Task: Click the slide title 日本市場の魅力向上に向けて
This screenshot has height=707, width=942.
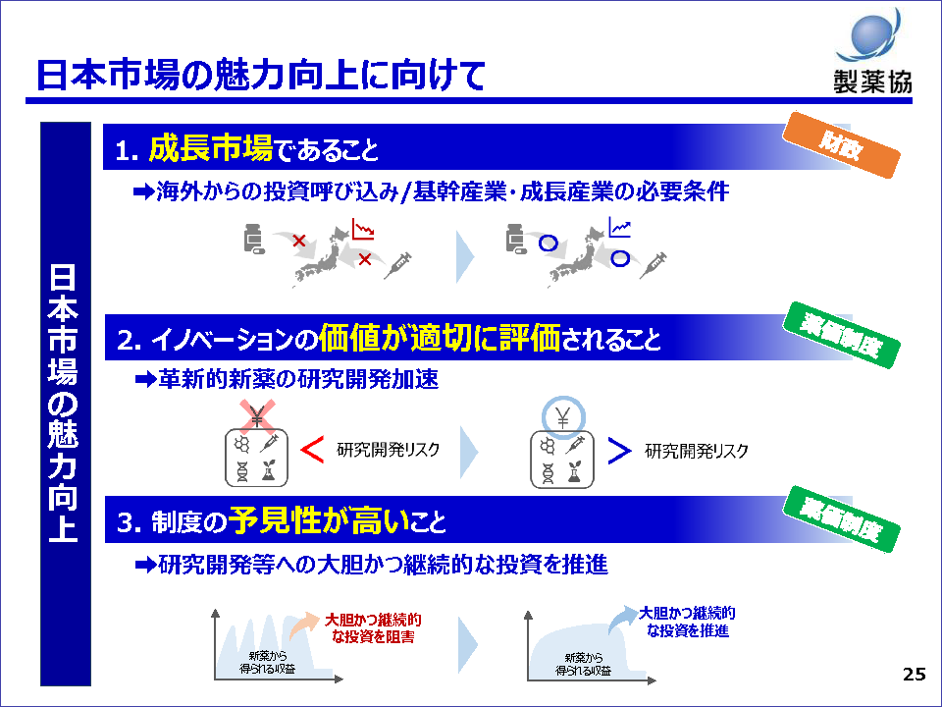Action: (x=260, y=76)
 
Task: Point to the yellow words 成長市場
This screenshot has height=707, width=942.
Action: (x=210, y=149)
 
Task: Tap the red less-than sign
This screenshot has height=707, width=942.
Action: (x=312, y=450)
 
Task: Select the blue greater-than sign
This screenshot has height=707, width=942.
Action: (x=619, y=450)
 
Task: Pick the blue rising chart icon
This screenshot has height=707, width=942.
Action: (x=620, y=229)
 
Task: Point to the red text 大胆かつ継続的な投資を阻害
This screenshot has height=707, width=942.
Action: (x=373, y=628)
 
